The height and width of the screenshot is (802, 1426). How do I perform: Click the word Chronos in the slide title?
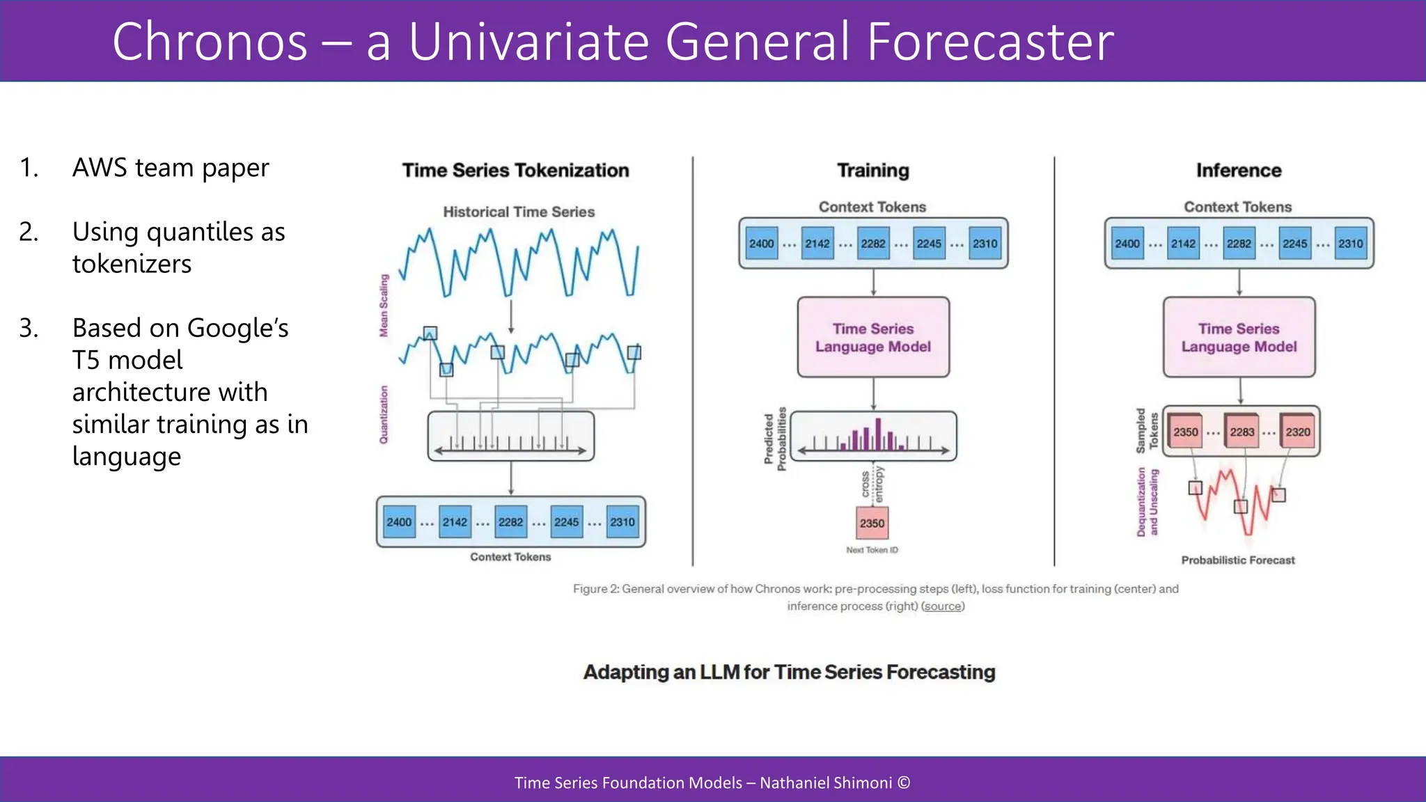(x=210, y=42)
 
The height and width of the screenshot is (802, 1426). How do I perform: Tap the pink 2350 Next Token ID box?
(x=872, y=523)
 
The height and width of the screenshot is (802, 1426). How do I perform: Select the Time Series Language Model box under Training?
(x=873, y=338)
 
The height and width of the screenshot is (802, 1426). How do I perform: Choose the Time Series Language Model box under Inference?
(x=1239, y=338)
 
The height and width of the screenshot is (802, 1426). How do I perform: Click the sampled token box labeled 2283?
(x=1241, y=432)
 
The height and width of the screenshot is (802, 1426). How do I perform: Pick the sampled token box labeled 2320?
(x=1297, y=432)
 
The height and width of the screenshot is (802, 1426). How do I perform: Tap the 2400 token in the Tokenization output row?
(x=399, y=522)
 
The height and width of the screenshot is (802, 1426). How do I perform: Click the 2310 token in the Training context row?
(x=985, y=244)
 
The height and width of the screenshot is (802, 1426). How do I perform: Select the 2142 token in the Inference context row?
(x=1183, y=244)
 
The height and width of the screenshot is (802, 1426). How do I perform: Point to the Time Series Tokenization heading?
(x=515, y=171)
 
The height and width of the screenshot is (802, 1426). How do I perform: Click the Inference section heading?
(x=1239, y=171)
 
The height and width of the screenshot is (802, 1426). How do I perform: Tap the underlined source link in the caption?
(x=943, y=606)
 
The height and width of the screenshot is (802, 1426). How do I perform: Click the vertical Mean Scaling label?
(x=384, y=306)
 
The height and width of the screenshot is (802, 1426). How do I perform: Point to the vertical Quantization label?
(x=384, y=414)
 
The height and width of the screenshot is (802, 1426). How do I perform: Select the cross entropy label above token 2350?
(x=872, y=485)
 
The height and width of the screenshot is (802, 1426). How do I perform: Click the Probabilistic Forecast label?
(x=1237, y=560)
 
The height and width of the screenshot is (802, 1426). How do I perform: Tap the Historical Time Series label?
(x=519, y=212)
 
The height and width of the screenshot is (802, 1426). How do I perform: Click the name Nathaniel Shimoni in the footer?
(x=825, y=783)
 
